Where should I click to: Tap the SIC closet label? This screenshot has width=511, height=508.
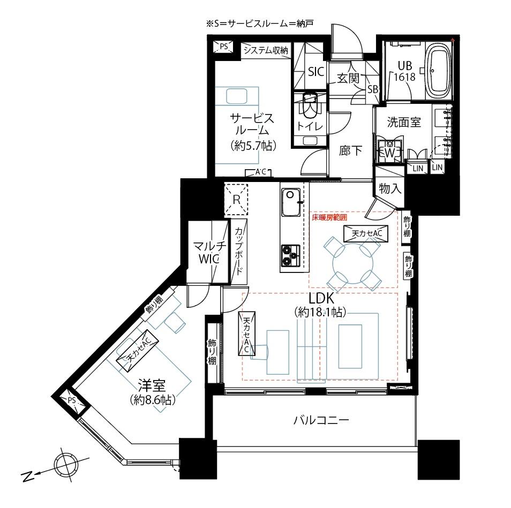(x=316, y=71)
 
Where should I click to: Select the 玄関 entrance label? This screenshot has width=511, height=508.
(x=348, y=78)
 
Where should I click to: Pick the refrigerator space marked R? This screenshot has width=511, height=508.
(x=236, y=199)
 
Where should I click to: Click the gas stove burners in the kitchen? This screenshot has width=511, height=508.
(x=290, y=255)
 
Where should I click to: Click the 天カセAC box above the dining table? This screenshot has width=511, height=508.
(x=366, y=233)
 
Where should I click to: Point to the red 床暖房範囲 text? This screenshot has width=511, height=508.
(x=329, y=218)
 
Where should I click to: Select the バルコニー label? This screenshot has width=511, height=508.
(x=321, y=420)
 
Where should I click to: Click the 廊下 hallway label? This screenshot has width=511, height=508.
(x=350, y=151)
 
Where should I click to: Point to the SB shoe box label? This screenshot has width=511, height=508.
(x=372, y=89)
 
